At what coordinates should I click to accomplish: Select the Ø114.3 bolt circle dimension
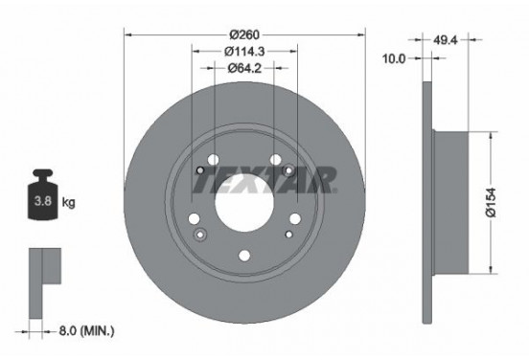[x=245, y=50]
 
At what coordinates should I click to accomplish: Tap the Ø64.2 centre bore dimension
[x=245, y=68]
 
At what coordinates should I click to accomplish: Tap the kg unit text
[x=68, y=203]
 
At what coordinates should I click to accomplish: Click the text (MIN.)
[x=97, y=330]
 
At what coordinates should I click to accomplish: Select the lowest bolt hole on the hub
[x=244, y=255]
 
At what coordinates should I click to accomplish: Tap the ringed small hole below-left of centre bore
[x=199, y=234]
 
